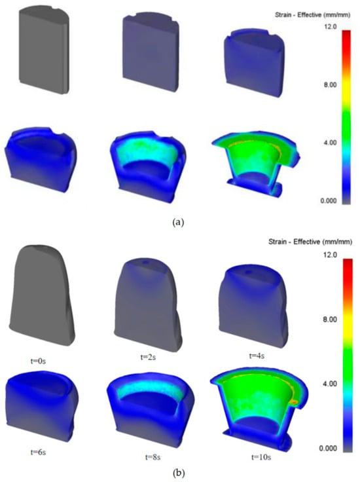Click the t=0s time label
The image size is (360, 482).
point(38,361)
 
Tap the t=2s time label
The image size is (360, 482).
point(148,357)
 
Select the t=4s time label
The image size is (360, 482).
point(257,356)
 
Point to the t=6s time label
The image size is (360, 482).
point(38,452)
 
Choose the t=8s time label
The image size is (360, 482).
point(153,457)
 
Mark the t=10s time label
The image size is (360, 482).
point(261,457)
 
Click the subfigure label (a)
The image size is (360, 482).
point(179,222)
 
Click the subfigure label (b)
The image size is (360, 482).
point(179,473)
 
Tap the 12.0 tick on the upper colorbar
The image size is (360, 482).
point(330,27)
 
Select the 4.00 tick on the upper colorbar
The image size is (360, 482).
point(330,143)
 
